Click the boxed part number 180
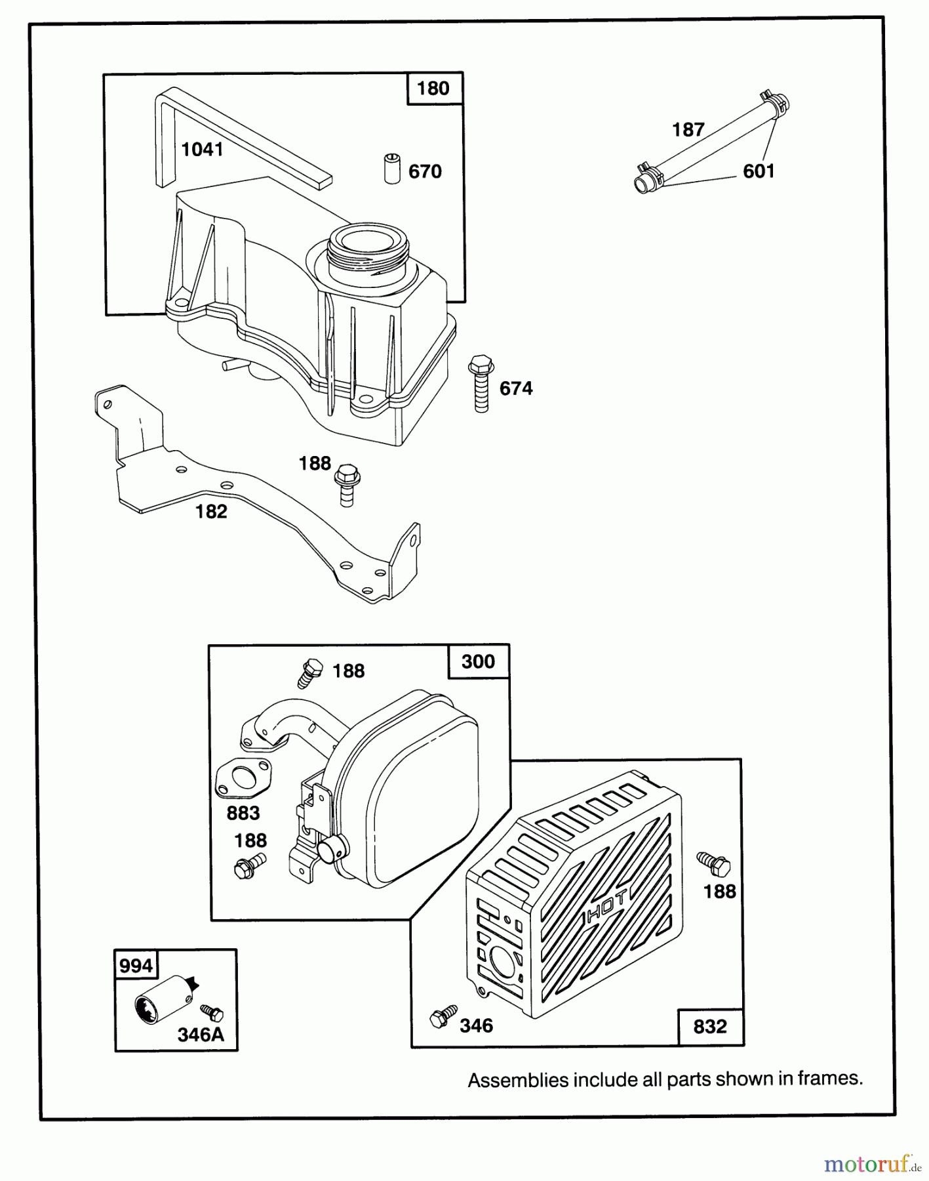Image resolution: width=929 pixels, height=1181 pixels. (433, 88)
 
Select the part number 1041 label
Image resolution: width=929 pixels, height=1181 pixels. (202, 150)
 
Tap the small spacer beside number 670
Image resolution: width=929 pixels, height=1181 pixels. (392, 169)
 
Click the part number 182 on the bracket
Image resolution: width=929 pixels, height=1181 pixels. (211, 511)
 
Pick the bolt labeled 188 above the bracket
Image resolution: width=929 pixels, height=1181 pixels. (347, 486)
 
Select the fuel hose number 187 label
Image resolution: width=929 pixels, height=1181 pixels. (688, 129)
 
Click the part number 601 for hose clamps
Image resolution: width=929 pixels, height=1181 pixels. (759, 171)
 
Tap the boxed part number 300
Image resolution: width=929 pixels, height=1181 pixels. (478, 661)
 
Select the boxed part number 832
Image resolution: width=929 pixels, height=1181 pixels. (710, 1026)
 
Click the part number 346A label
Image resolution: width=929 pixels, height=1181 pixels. (201, 1035)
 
